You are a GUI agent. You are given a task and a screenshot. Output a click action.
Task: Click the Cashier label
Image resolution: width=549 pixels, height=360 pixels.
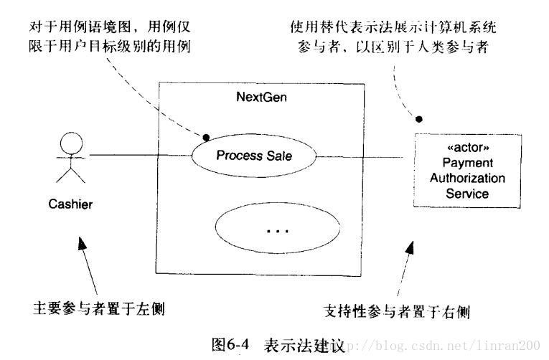click(70, 204)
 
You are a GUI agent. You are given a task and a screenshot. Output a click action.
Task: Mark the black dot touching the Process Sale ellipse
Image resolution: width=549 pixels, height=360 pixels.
click(206, 136)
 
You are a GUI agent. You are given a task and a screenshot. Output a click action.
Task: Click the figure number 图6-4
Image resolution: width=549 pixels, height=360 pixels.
click(230, 344)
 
